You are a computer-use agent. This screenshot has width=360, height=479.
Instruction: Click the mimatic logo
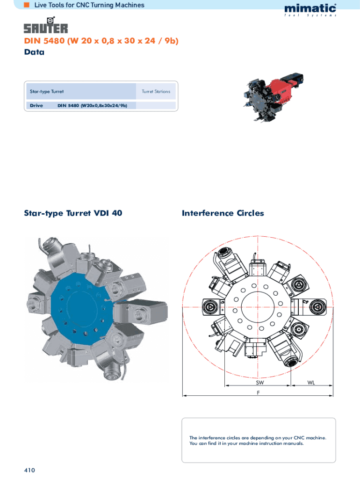[310, 10]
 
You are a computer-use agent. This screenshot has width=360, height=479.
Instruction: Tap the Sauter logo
[46, 25]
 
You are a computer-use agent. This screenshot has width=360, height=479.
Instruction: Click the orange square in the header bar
[27, 5]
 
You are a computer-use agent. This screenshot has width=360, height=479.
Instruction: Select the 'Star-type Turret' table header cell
[81, 91]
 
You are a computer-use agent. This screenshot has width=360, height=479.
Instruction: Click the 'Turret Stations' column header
[156, 91]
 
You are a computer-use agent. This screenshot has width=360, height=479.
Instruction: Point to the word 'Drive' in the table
[36, 105]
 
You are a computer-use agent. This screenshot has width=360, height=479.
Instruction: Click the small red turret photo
[273, 97]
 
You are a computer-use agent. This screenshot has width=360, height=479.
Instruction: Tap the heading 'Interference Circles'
[223, 213]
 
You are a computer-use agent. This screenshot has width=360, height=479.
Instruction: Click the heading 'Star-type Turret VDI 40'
[73, 213]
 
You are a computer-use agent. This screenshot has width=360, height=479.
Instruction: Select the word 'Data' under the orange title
[34, 52]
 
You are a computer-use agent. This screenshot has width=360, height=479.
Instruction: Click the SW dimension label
[260, 383]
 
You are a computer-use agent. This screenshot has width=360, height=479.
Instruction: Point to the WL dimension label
[311, 383]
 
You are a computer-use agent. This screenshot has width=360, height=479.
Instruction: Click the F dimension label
[259, 392]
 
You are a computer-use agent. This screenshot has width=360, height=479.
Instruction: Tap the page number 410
[29, 470]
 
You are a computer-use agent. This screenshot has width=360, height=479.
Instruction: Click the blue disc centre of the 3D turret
[81, 309]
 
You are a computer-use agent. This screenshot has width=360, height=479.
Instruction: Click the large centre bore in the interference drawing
[258, 306]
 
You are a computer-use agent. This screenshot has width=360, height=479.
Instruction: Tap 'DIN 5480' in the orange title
[44, 41]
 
